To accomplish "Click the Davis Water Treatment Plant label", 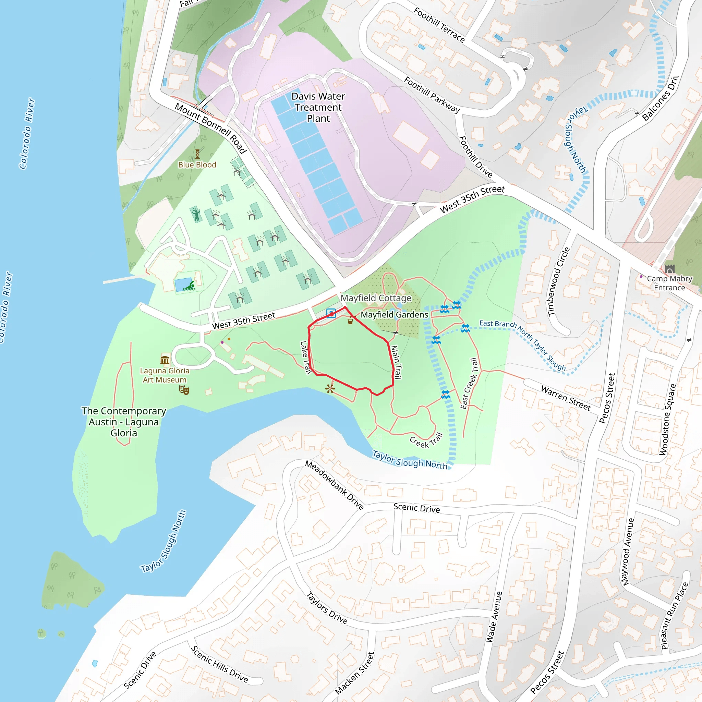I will click(x=318, y=107).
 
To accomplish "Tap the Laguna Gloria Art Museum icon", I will click(x=165, y=360).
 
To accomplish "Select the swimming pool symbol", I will click(x=189, y=287).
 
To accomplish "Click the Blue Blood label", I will click(x=197, y=165).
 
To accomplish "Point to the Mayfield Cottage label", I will click(x=376, y=298).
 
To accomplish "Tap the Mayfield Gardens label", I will click(x=394, y=315).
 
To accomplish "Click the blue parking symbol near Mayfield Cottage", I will click(x=331, y=313).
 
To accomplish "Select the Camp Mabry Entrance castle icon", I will click(x=669, y=269).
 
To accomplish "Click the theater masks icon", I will click(x=184, y=390).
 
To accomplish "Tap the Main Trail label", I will click(x=396, y=362).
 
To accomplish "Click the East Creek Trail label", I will click(x=469, y=383).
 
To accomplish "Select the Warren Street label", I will click(x=566, y=398).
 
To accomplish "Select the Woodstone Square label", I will click(x=667, y=419).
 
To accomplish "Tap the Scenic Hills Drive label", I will click(x=219, y=664).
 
